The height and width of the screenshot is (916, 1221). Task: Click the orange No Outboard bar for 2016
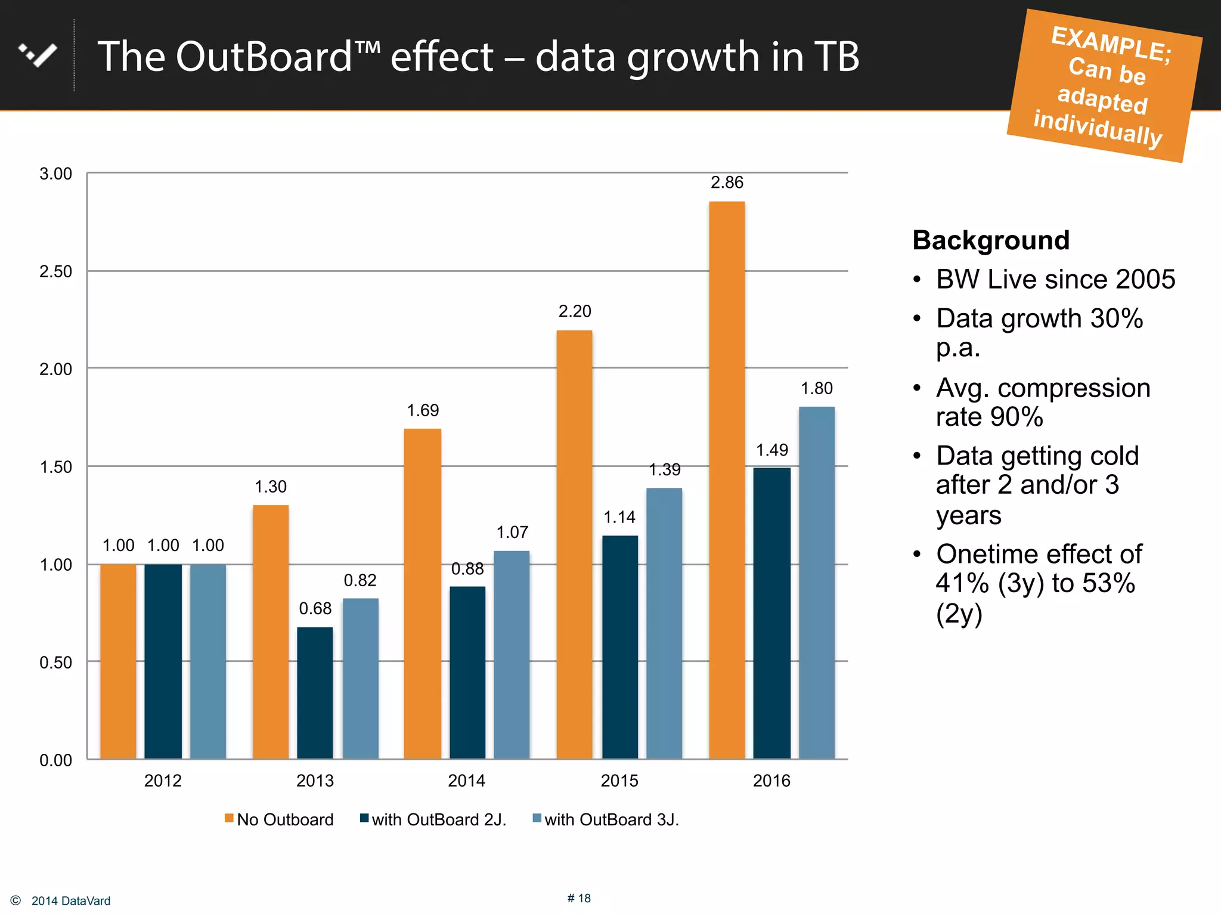pyautogui.click(x=727, y=480)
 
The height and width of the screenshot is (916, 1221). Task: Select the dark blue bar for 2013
pyautogui.click(x=315, y=692)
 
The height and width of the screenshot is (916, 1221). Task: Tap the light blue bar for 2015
pyautogui.click(x=664, y=623)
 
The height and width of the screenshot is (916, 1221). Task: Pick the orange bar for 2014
pyautogui.click(x=423, y=593)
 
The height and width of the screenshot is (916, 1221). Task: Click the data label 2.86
pyautogui.click(x=727, y=182)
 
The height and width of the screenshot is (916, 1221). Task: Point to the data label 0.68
pyautogui.click(x=315, y=608)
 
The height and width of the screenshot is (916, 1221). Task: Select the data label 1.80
pyautogui.click(x=816, y=389)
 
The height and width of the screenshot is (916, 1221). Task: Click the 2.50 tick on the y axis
pyautogui.click(x=55, y=272)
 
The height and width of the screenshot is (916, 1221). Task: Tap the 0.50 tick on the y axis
pyautogui.click(x=55, y=663)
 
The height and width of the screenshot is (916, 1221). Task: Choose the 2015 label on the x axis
pyautogui.click(x=619, y=781)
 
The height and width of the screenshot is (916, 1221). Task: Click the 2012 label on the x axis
pyautogui.click(x=163, y=781)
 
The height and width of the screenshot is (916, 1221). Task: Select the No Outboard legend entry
pyautogui.click(x=279, y=819)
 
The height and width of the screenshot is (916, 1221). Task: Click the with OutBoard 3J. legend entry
pyautogui.click(x=606, y=819)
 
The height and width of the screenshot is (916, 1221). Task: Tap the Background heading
pyautogui.click(x=991, y=240)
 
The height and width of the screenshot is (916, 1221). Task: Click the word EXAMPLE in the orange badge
pyautogui.click(x=1110, y=44)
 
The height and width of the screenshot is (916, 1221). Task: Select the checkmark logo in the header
pyautogui.click(x=38, y=55)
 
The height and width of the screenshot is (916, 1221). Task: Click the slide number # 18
pyautogui.click(x=579, y=898)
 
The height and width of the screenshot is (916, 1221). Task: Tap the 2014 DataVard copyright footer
pyautogui.click(x=70, y=901)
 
